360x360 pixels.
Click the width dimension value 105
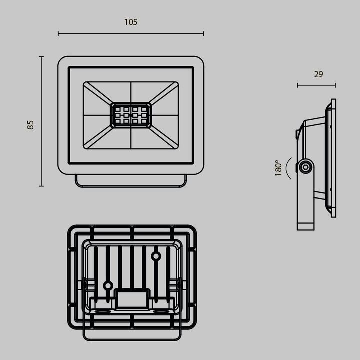130,22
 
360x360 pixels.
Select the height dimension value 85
30,125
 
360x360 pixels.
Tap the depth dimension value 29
318,74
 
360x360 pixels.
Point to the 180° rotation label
279,168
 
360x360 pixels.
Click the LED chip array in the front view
131,115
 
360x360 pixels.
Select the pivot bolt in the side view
305,167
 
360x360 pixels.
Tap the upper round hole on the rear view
156,256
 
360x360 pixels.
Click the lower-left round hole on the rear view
107,286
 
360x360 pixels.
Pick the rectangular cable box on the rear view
132,299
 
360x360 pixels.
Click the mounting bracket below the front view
131,181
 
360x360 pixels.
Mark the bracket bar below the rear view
132,334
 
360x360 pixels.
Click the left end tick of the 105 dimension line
58,34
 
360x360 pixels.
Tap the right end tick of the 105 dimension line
203,34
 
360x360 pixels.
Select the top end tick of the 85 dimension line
41,57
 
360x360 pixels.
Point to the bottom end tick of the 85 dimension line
41,186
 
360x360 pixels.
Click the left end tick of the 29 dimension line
297,85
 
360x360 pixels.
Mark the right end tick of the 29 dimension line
335,85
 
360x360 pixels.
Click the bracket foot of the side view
305,220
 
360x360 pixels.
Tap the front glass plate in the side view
333,158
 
